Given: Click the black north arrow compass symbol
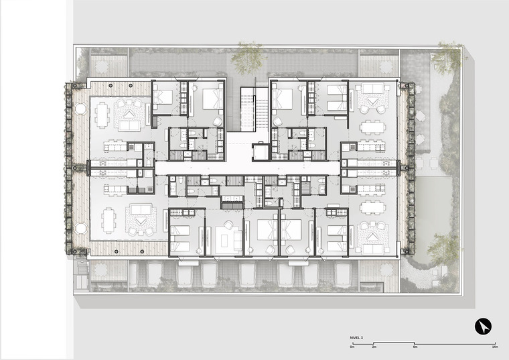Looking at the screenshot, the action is click(483, 326).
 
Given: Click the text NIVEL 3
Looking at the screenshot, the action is click(356, 338).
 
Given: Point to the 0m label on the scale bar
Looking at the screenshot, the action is click(352, 347).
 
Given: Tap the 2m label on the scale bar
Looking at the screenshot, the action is click(374, 347).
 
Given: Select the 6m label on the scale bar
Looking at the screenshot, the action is click(415, 347).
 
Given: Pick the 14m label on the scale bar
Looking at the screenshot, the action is click(495, 347).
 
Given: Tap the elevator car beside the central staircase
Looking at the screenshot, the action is click(261, 152).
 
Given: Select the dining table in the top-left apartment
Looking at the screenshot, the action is click(102, 115).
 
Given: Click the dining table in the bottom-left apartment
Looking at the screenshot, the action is click(108, 221).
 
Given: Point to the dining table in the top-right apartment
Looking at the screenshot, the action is click(372, 127).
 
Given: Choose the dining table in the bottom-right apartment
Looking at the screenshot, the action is click(372, 207).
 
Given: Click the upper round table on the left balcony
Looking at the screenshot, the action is click(80, 109).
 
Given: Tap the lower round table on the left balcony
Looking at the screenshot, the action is click(80, 228).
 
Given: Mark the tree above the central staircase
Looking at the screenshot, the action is click(248, 58).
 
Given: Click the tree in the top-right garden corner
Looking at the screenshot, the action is click(449, 58).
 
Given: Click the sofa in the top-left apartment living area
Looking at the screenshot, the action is click(129, 126).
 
